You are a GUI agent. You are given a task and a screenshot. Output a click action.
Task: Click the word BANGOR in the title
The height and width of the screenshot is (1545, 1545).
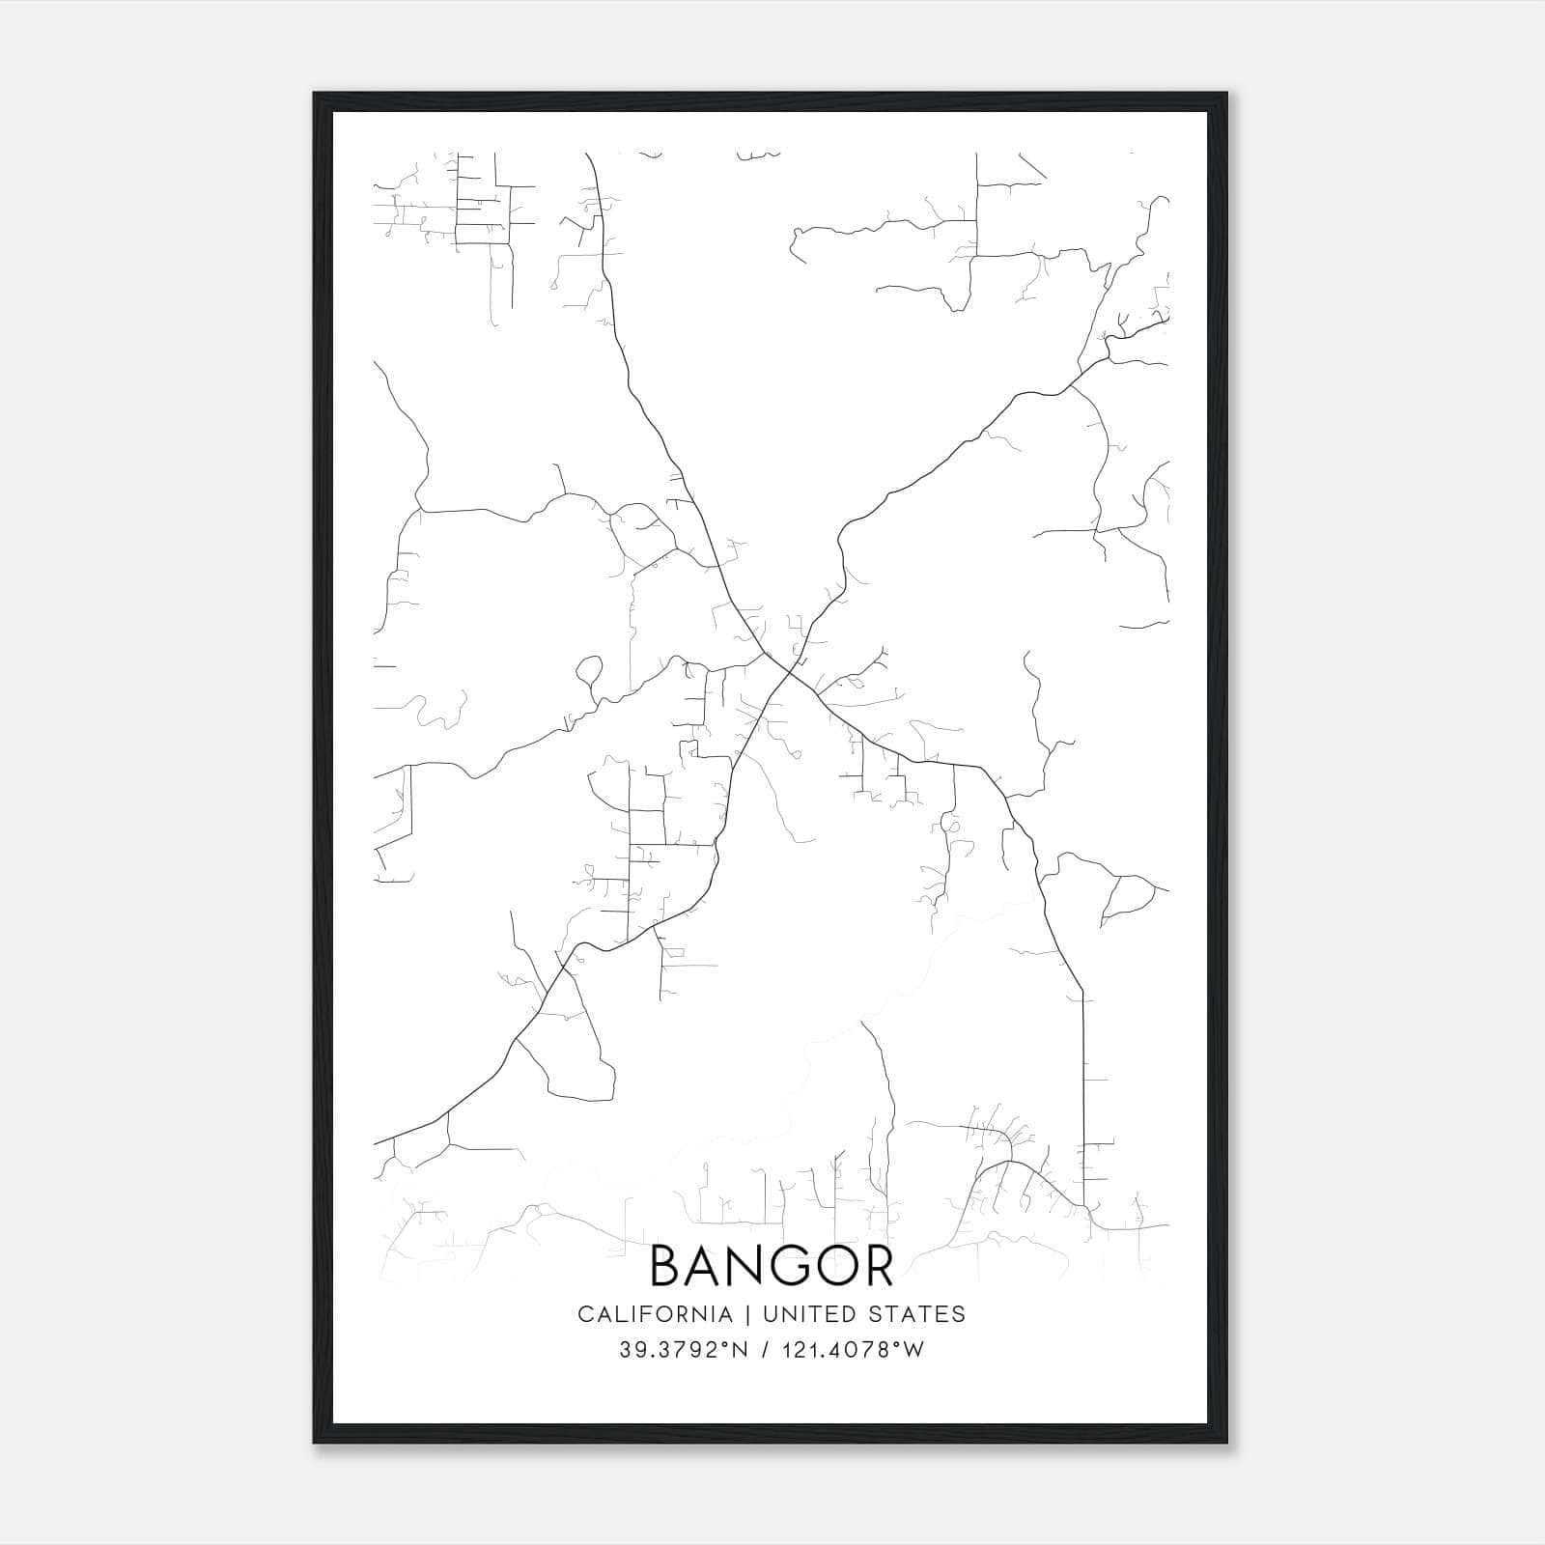pos(772,1265)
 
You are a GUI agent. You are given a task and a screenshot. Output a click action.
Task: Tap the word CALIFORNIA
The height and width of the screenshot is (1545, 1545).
pos(655,1314)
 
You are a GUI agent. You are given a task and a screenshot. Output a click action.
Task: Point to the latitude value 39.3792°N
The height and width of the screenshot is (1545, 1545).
pos(684,1350)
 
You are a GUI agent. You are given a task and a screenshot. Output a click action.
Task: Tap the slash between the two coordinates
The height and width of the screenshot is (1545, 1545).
pos(765,1350)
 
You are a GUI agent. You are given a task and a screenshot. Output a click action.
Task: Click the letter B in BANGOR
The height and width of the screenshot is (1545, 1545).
pos(667,1265)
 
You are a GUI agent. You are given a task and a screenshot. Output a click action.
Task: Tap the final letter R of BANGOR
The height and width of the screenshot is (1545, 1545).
pos(877,1265)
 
